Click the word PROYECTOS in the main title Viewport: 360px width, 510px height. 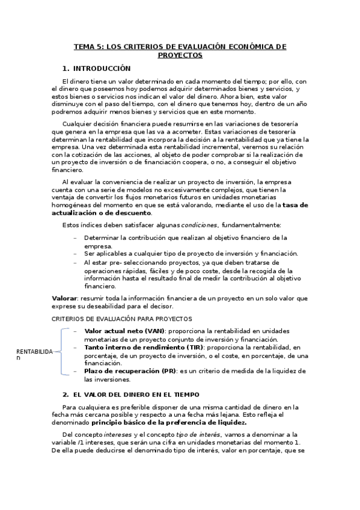tap(180, 55)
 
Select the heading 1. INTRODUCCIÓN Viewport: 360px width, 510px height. tap(96, 69)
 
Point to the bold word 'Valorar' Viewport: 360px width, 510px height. tap(64, 298)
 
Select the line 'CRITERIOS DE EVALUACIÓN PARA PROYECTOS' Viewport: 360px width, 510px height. tap(122, 319)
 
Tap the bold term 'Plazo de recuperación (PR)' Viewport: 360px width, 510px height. tap(130, 371)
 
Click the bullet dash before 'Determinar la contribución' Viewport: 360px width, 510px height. tap(76, 238)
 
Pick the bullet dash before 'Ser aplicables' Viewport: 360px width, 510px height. tap(76, 254)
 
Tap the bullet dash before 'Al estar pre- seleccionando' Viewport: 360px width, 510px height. tap(76, 262)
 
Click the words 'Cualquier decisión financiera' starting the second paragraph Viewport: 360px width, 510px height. tap(102, 124)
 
